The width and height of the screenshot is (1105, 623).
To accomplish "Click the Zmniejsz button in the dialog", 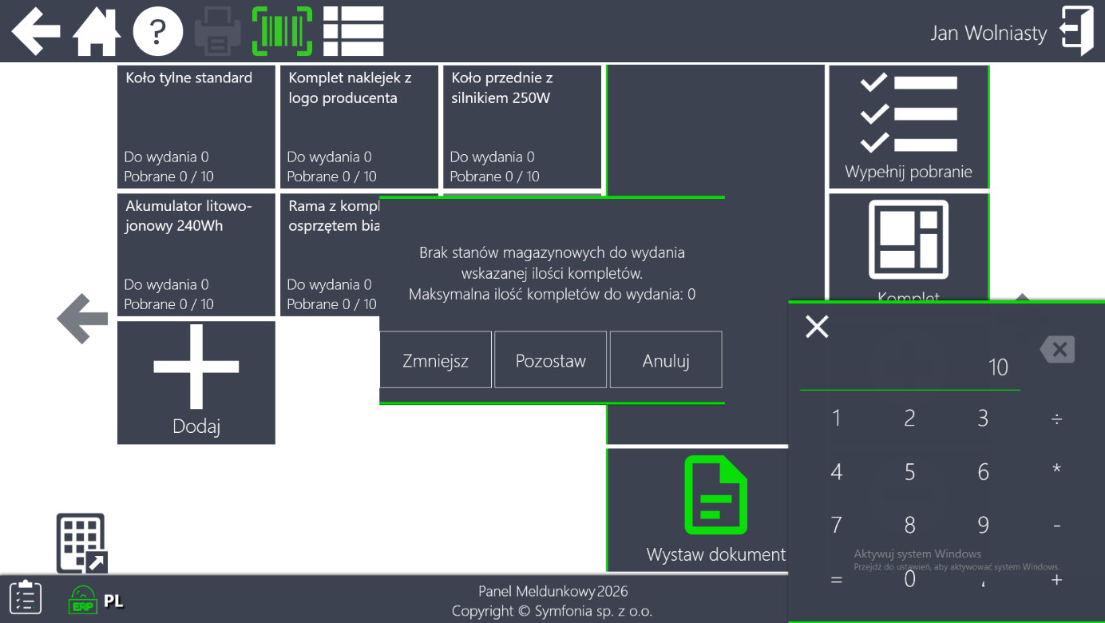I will pos(435,360).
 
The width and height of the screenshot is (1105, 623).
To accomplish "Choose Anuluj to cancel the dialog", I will pos(666,360).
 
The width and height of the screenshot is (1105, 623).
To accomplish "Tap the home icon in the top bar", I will pos(97,32).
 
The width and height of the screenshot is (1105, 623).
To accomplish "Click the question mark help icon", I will pos(157,32).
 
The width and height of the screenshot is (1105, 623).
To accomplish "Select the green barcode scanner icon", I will pos(283,32).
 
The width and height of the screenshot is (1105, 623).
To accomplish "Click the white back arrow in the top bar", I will pos(36,32).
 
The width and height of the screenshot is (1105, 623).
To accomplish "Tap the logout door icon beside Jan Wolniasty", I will pos(1076,32).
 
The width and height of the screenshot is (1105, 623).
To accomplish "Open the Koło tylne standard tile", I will pos(196,126).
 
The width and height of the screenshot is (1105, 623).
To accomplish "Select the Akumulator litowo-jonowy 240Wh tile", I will pos(196,254).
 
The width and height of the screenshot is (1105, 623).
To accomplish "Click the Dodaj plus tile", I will pos(196,382).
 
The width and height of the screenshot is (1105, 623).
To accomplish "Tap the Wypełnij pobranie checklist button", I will pos(909,126).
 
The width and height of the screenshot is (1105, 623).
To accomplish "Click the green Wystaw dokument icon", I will pos(716,495).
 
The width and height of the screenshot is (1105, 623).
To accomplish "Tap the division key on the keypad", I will pos(1056,419).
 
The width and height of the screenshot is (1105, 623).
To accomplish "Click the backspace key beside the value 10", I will pos(1057,349).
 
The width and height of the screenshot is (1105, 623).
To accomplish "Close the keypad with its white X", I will pos(817,326).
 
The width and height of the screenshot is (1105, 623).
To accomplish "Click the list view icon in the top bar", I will pos(354,32).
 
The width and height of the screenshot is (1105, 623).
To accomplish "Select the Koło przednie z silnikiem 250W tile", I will pos(522,126).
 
